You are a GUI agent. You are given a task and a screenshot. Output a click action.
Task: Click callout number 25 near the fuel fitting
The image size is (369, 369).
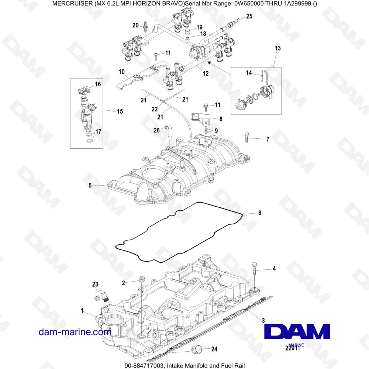[249, 16]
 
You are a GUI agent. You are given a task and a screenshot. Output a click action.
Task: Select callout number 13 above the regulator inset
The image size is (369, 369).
[278, 48]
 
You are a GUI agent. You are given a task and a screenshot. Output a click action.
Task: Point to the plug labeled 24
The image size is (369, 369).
[196, 349]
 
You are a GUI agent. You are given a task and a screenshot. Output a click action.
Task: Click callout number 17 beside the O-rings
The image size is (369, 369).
[98, 132]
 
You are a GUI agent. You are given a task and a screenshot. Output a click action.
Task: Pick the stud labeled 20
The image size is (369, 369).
[145, 26]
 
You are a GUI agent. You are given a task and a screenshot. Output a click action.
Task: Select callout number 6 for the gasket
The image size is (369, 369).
[259, 213]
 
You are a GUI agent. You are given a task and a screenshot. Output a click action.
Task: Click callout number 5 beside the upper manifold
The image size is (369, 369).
[90, 186]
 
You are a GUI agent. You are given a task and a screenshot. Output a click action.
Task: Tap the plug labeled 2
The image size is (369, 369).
[141, 280]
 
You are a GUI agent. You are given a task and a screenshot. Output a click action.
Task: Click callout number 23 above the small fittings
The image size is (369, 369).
[95, 284]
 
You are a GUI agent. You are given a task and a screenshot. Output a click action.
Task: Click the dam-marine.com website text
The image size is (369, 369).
[75, 332]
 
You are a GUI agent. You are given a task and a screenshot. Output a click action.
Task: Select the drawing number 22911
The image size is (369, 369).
[293, 348]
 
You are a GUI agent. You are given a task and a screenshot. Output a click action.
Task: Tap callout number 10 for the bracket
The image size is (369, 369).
[122, 72]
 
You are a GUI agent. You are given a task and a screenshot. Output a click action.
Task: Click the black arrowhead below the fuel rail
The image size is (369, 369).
[209, 62]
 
